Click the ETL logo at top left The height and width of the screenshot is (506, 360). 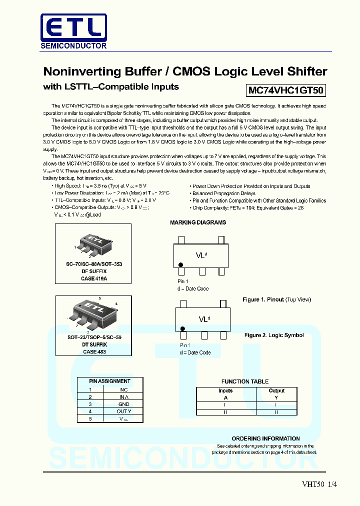click(x=73, y=31)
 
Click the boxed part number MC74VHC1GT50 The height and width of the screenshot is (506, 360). click(x=286, y=90)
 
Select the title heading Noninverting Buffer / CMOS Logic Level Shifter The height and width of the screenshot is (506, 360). click(x=185, y=71)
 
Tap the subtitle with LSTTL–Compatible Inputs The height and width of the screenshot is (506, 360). click(x=111, y=87)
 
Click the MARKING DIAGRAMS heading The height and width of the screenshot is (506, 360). click(x=198, y=222)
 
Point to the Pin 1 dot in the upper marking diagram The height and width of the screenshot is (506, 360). click(x=181, y=263)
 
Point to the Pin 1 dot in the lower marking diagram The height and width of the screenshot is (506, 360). click(x=182, y=328)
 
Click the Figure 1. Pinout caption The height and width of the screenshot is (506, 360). click(x=276, y=299)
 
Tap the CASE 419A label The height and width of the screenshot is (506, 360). click(x=94, y=278)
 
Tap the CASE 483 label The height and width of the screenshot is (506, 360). click(x=94, y=351)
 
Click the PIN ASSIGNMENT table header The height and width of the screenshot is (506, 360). click(x=109, y=381)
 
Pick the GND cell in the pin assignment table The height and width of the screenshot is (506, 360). click(x=123, y=404)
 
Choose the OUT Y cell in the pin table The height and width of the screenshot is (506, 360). click(x=123, y=411)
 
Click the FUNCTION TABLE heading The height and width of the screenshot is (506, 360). click(x=245, y=381)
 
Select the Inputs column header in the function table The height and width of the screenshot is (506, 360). click(x=225, y=390)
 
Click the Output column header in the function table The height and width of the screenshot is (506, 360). click(x=276, y=390)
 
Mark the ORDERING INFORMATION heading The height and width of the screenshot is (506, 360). click(x=265, y=438)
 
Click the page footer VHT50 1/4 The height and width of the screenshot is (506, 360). click(x=316, y=484)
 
